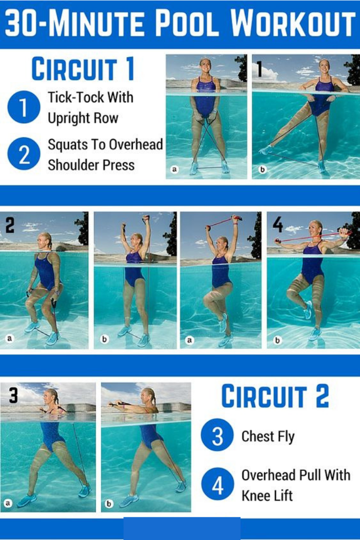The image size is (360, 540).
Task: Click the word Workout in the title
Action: (292, 24)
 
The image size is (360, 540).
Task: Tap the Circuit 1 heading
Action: (83, 69)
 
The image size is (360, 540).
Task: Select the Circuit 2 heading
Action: (275, 396)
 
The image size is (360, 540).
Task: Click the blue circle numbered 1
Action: (24, 107)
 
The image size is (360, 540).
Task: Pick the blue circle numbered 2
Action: (24, 154)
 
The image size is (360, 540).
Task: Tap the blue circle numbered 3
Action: (217, 435)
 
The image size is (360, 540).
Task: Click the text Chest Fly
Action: (268, 437)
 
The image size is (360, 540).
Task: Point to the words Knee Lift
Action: (267, 496)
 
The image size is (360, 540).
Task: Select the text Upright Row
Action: (83, 118)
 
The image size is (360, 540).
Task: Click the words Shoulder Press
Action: (91, 165)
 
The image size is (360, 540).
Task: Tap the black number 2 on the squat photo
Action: (10, 225)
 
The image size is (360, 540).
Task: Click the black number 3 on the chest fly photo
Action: (13, 395)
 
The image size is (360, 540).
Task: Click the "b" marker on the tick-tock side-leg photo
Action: (262, 170)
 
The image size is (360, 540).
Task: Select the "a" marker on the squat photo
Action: (9, 339)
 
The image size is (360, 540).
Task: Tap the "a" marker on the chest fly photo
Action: (7, 503)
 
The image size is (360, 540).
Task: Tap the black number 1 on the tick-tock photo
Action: (259, 68)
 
